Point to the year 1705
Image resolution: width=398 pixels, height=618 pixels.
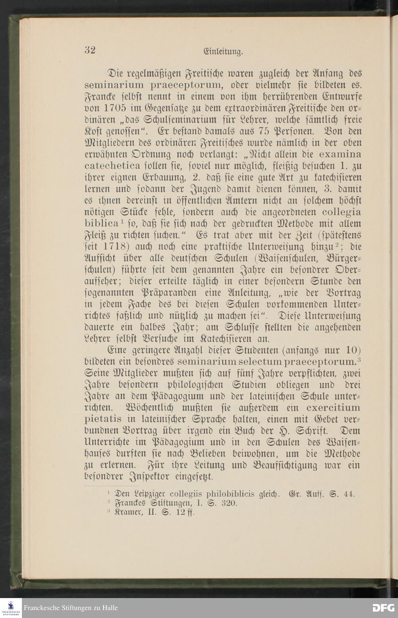coord(114,108)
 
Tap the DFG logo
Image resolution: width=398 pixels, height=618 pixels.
coord(383,608)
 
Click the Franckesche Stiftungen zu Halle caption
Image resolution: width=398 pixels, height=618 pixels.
coord(71,608)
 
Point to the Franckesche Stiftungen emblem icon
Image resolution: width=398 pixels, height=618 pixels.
coord(11,608)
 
